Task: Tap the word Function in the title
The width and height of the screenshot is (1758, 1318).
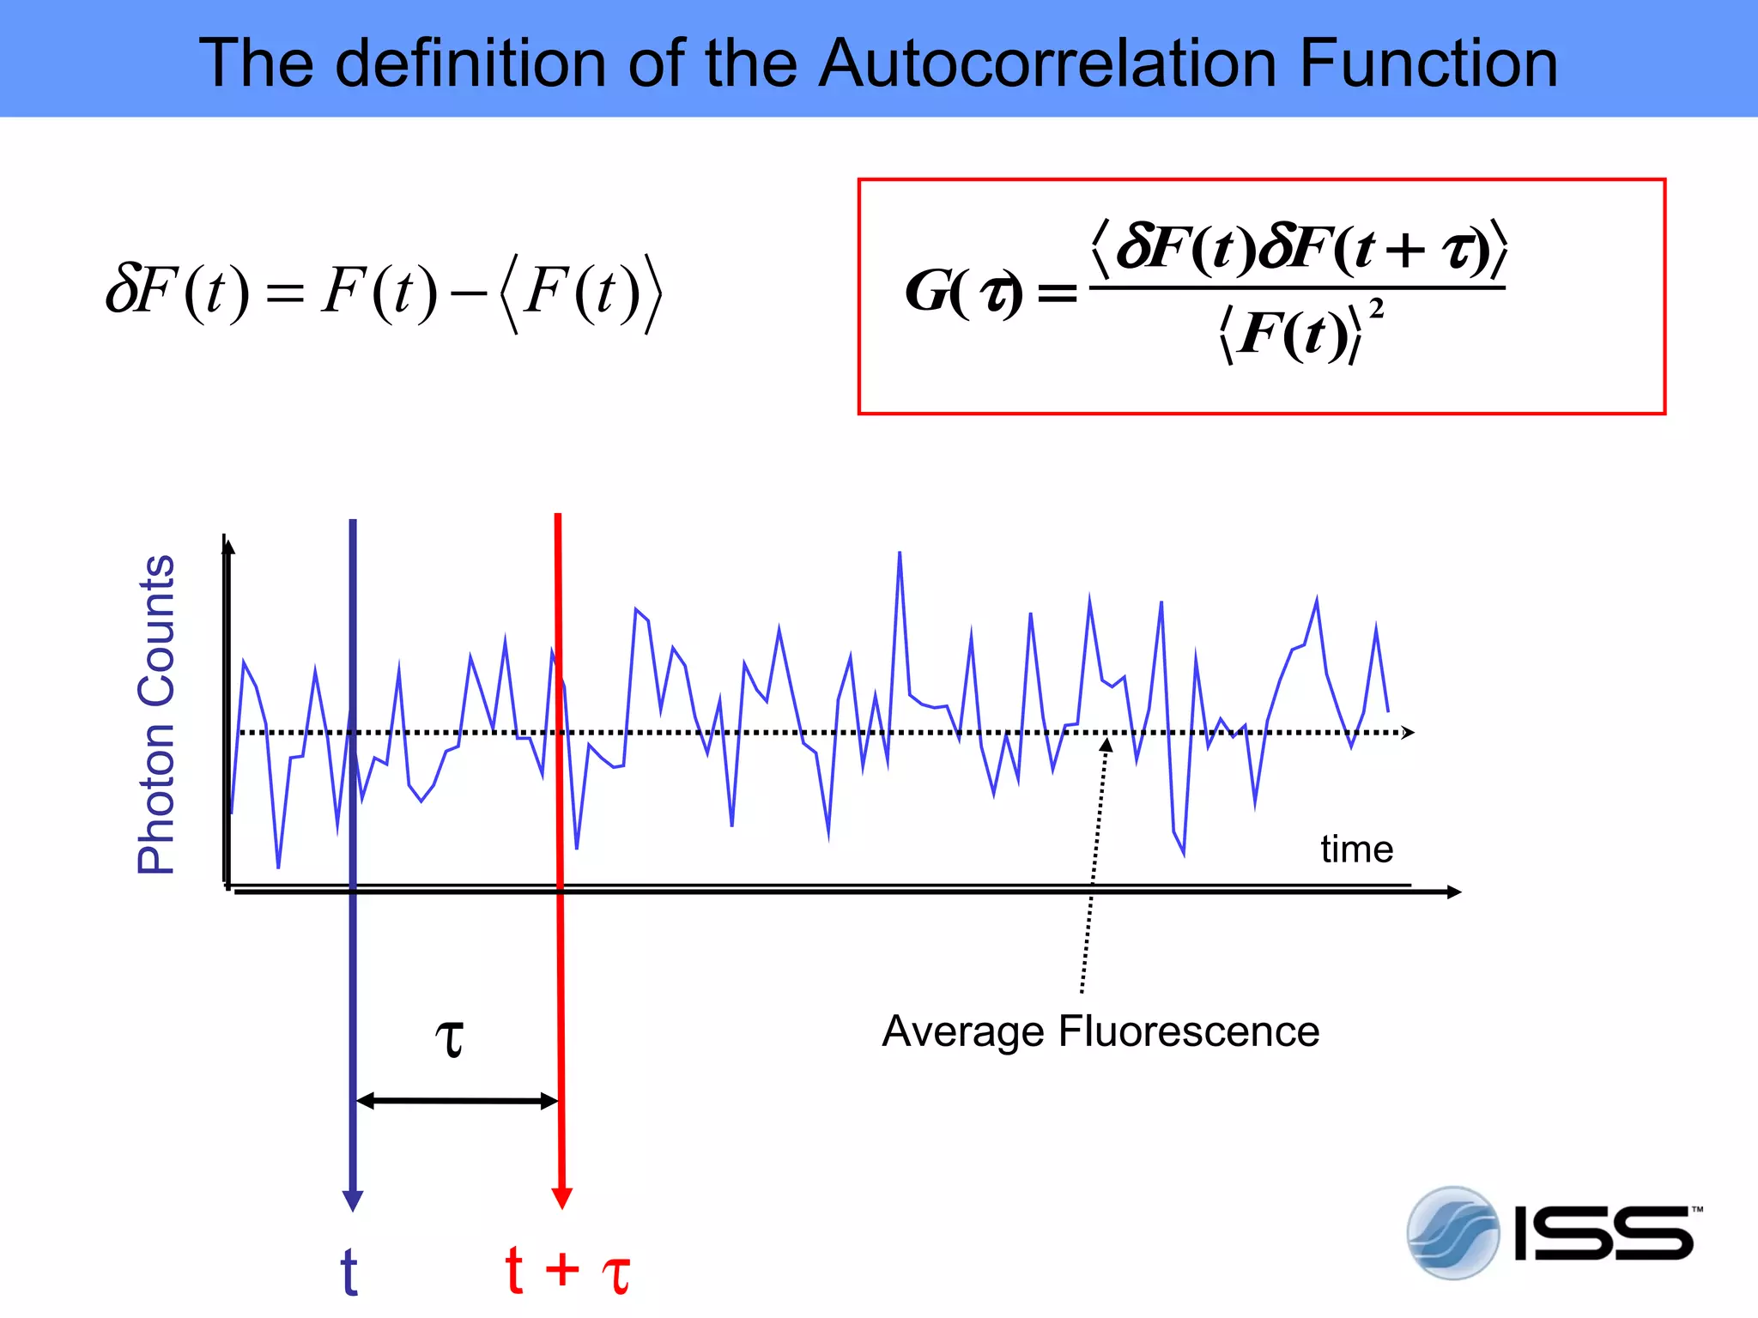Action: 1428,63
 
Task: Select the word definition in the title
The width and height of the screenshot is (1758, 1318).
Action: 470,63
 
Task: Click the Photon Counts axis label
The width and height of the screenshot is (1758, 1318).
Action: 156,714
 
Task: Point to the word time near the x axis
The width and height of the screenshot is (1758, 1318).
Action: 1356,849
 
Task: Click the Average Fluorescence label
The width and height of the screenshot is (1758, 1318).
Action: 1100,1031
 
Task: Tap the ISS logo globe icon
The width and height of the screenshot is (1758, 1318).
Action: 1452,1233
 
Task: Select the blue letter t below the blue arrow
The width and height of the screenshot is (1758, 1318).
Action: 349,1272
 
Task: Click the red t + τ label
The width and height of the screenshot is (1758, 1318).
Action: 567,1271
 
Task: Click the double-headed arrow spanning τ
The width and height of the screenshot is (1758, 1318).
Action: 457,1101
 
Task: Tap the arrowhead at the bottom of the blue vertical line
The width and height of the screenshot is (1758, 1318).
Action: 353,1200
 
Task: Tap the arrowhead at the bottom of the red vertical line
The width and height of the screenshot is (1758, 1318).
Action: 562,1198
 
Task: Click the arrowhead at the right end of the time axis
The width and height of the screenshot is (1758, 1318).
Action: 1453,892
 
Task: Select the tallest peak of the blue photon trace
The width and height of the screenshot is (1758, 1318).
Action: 900,553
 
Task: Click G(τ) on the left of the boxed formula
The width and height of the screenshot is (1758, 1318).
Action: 963,292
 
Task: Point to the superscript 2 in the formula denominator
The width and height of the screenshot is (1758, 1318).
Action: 1376,308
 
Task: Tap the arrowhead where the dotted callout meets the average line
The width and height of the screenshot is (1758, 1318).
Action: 1106,745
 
